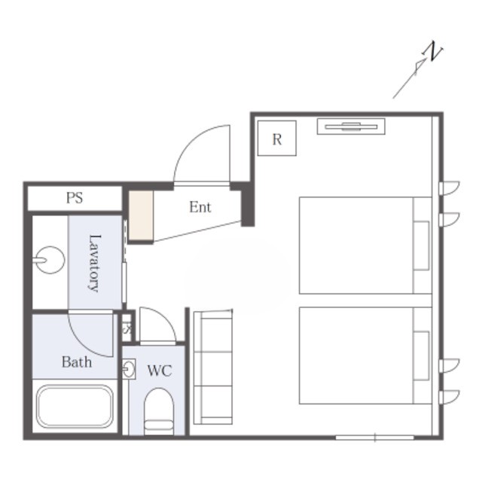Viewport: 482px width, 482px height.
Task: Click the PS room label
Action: [75, 198]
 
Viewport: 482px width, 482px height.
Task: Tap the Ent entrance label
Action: [200, 207]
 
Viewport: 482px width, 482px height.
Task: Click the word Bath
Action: [77, 361]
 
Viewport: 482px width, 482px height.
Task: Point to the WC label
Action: [160, 371]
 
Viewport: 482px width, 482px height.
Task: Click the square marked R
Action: [277, 139]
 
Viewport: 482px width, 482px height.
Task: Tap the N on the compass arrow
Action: [432, 51]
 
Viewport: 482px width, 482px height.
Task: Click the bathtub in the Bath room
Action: [75, 406]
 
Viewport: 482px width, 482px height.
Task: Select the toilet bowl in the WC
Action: [159, 411]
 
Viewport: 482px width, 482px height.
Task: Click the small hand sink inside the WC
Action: [129, 368]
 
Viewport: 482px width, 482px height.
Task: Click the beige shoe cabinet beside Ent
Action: [141, 215]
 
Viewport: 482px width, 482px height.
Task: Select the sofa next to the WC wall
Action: [212, 368]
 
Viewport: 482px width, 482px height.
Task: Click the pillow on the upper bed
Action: [421, 246]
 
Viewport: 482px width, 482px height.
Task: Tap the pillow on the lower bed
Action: [421, 355]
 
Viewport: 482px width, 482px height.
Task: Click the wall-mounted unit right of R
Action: [351, 127]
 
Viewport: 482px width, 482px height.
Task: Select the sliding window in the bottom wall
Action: [375, 437]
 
